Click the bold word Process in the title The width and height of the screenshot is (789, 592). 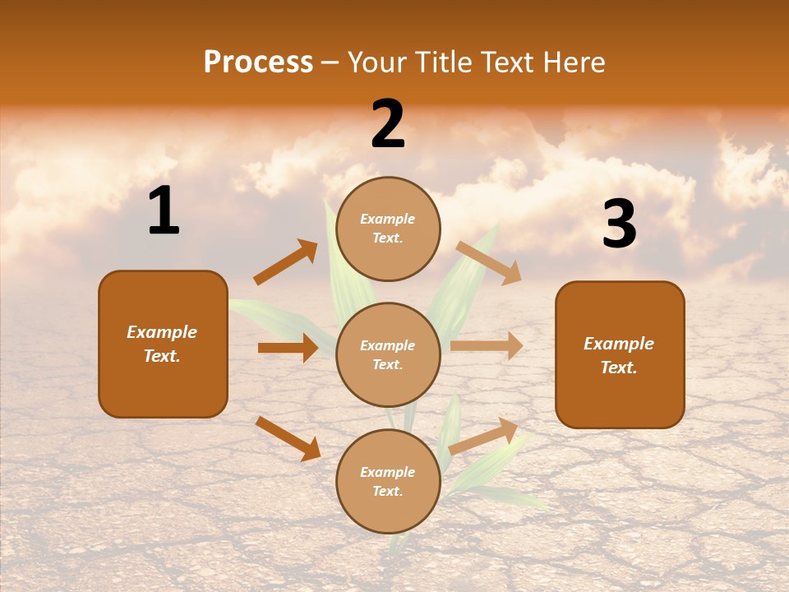point(258,62)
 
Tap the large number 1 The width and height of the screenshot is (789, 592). point(164,211)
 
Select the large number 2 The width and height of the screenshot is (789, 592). point(388,124)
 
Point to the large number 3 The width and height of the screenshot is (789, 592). point(619,224)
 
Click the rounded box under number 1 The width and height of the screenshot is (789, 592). point(163,344)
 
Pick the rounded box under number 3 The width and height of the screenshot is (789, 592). point(620,354)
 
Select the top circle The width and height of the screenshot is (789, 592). point(388,229)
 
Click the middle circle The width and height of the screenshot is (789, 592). point(388,354)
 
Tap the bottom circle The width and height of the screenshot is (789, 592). point(388,481)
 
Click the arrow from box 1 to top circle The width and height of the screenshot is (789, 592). point(286,262)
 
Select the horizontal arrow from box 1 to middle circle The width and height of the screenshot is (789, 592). point(288,348)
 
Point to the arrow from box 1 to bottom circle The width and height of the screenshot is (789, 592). point(288,438)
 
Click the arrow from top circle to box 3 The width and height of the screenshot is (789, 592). point(489,263)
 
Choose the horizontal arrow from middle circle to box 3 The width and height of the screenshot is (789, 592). point(487,346)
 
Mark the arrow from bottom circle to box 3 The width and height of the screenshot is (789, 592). point(484,436)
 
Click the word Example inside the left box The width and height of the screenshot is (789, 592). point(162,332)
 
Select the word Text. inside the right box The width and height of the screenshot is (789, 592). point(619,368)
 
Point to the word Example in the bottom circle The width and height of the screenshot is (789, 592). point(388,472)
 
